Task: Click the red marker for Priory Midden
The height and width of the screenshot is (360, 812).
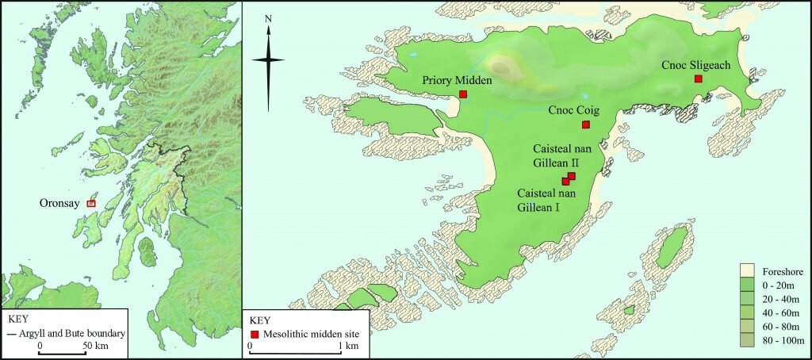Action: (x=463, y=94)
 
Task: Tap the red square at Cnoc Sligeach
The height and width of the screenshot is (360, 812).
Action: (x=698, y=79)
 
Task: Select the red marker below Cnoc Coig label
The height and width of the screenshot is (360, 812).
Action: (x=586, y=124)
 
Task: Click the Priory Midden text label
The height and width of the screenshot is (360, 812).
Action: (x=458, y=80)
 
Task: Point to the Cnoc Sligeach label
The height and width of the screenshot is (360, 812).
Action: (x=695, y=65)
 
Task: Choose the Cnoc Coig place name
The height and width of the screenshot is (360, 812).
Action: (x=573, y=111)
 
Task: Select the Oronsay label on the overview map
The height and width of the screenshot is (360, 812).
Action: (x=60, y=203)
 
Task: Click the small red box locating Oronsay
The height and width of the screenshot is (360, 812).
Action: (x=91, y=204)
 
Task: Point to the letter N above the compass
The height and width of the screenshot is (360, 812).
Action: (x=268, y=18)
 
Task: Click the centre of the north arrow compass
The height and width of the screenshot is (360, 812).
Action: (x=268, y=60)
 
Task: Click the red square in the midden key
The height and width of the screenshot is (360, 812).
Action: (x=255, y=334)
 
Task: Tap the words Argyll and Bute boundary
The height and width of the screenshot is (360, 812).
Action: (x=76, y=334)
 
